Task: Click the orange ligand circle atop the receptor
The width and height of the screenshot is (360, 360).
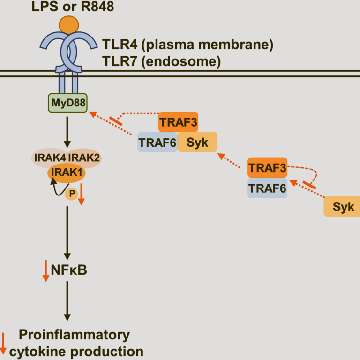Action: click(69, 25)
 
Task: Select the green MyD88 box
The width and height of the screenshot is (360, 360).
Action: click(67, 103)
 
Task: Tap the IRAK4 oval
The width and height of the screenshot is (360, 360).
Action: click(49, 157)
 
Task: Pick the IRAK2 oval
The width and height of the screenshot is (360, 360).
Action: click(84, 157)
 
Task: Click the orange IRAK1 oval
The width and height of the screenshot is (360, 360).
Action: click(67, 172)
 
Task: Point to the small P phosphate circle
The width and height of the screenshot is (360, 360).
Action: click(72, 194)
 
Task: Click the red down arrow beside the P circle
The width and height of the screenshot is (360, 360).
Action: click(81, 194)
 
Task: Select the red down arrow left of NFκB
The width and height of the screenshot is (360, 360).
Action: click(46, 271)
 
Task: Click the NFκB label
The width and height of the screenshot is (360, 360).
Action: click(69, 270)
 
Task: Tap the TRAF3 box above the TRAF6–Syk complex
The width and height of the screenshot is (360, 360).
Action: click(178, 122)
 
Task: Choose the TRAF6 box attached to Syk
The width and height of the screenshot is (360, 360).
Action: click(157, 142)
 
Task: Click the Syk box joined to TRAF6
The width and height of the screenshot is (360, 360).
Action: click(197, 142)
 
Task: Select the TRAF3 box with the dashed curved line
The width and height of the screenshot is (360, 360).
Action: click(268, 168)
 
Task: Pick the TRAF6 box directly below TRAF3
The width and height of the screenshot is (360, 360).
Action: click(268, 188)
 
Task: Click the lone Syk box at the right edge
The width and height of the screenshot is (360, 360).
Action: click(342, 206)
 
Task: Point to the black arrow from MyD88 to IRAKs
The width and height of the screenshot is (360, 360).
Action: click(67, 132)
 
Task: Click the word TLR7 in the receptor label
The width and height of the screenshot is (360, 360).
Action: click(120, 61)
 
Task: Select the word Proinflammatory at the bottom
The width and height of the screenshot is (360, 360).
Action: click(75, 335)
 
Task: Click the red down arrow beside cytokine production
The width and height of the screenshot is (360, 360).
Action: click(3, 344)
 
